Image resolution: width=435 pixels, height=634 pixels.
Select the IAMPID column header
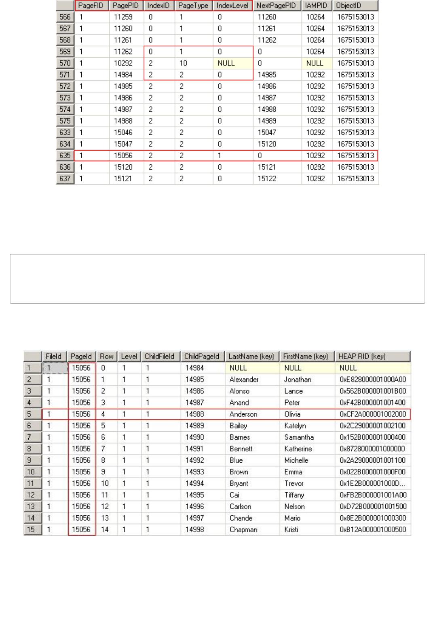pyautogui.click(x=316, y=6)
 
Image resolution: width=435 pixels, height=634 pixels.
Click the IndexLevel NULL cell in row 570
pyautogui.click(x=226, y=63)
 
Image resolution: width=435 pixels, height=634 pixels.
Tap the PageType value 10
pyautogui.click(x=183, y=63)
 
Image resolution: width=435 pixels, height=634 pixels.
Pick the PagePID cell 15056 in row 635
pyautogui.click(x=123, y=156)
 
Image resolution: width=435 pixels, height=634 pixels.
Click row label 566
pyautogui.click(x=65, y=17)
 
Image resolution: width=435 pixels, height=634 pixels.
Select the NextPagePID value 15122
pyautogui.click(x=267, y=178)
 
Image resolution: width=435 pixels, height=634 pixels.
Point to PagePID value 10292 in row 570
pyautogui.click(x=123, y=63)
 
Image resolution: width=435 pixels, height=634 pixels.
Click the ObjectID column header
pyautogui.click(x=348, y=6)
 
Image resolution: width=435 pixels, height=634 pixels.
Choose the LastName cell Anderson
pyautogui.click(x=243, y=414)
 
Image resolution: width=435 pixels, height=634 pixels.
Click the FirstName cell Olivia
pyautogui.click(x=292, y=414)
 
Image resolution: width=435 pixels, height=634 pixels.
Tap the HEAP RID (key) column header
pyautogui.click(x=362, y=357)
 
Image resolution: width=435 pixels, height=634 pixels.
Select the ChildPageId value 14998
pyautogui.click(x=194, y=530)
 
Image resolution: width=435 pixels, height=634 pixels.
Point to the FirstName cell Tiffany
pyautogui.click(x=294, y=495)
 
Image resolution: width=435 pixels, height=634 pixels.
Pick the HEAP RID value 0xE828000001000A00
pyautogui.click(x=373, y=380)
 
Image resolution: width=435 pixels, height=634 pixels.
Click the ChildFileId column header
pyautogui.click(x=160, y=357)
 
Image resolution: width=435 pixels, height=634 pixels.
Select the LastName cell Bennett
pyautogui.click(x=241, y=449)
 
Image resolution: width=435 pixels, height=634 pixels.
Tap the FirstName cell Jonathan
pyautogui.click(x=298, y=380)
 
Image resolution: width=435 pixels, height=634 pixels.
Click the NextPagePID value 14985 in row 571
pyautogui.click(x=267, y=75)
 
